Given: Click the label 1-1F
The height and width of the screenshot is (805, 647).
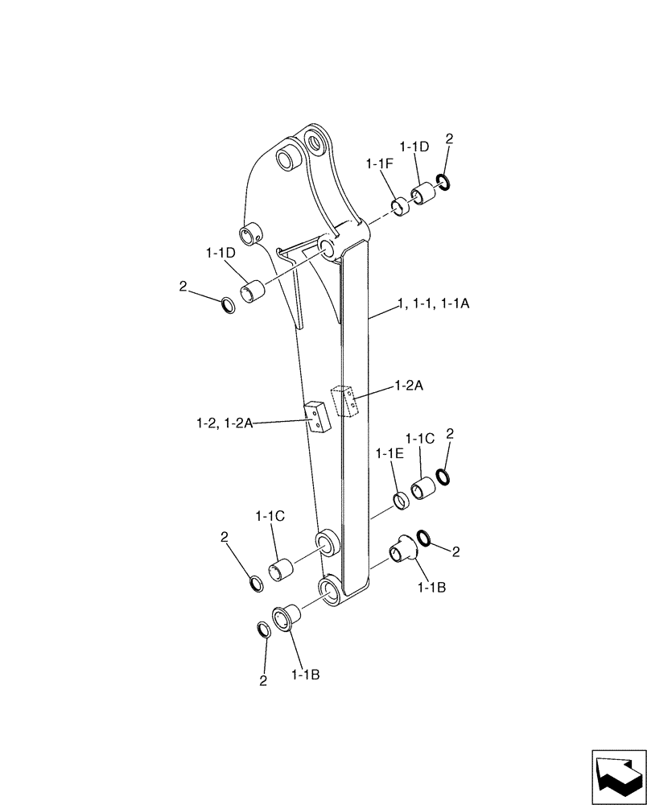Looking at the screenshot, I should pos(378,163).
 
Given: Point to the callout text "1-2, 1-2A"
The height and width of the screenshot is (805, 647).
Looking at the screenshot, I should pos(224,422).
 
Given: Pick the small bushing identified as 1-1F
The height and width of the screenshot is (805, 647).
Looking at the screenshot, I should pos(401,206).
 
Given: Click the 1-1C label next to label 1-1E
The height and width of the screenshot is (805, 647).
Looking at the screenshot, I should pos(419,439).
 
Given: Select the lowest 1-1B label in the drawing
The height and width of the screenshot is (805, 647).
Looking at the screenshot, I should pos(306,675).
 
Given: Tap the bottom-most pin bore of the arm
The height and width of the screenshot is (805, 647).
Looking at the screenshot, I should pos(332,590).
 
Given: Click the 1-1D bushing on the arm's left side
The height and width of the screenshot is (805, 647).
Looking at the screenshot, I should pos(255,290).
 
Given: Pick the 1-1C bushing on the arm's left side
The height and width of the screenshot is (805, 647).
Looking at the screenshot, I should pos(280,571).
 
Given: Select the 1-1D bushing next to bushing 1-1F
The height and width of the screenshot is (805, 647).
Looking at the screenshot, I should pos(422,194).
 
